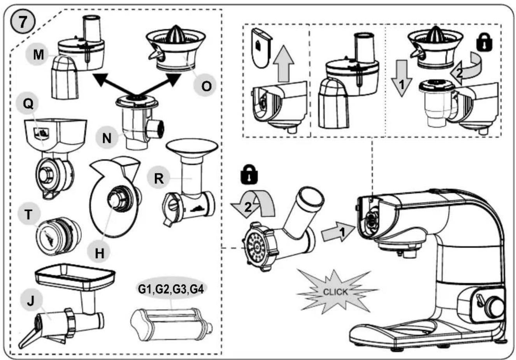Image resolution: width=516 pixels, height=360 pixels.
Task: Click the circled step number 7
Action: click(23, 23)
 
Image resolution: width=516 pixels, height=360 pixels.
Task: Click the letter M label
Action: click(38, 55)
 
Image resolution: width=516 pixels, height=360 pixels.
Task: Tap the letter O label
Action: click(206, 86)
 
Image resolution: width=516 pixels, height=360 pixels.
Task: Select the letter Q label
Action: click(28, 104)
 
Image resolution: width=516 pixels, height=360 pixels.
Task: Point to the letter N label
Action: click(107, 138)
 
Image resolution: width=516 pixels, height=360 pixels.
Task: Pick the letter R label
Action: click(158, 178)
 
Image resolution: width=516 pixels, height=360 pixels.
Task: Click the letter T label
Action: click(28, 215)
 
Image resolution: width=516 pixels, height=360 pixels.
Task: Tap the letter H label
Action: click(99, 253)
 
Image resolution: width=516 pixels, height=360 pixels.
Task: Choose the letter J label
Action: click(31, 301)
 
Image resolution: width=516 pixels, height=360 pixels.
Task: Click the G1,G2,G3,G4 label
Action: click(171, 289)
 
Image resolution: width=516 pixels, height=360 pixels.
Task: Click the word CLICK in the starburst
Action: click(335, 292)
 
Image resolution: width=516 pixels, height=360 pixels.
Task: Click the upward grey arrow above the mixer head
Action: click(284, 63)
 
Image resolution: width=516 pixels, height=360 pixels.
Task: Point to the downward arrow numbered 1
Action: click(402, 79)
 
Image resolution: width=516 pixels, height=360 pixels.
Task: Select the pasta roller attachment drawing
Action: click(171, 325)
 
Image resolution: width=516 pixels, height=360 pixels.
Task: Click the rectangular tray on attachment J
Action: click(75, 276)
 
